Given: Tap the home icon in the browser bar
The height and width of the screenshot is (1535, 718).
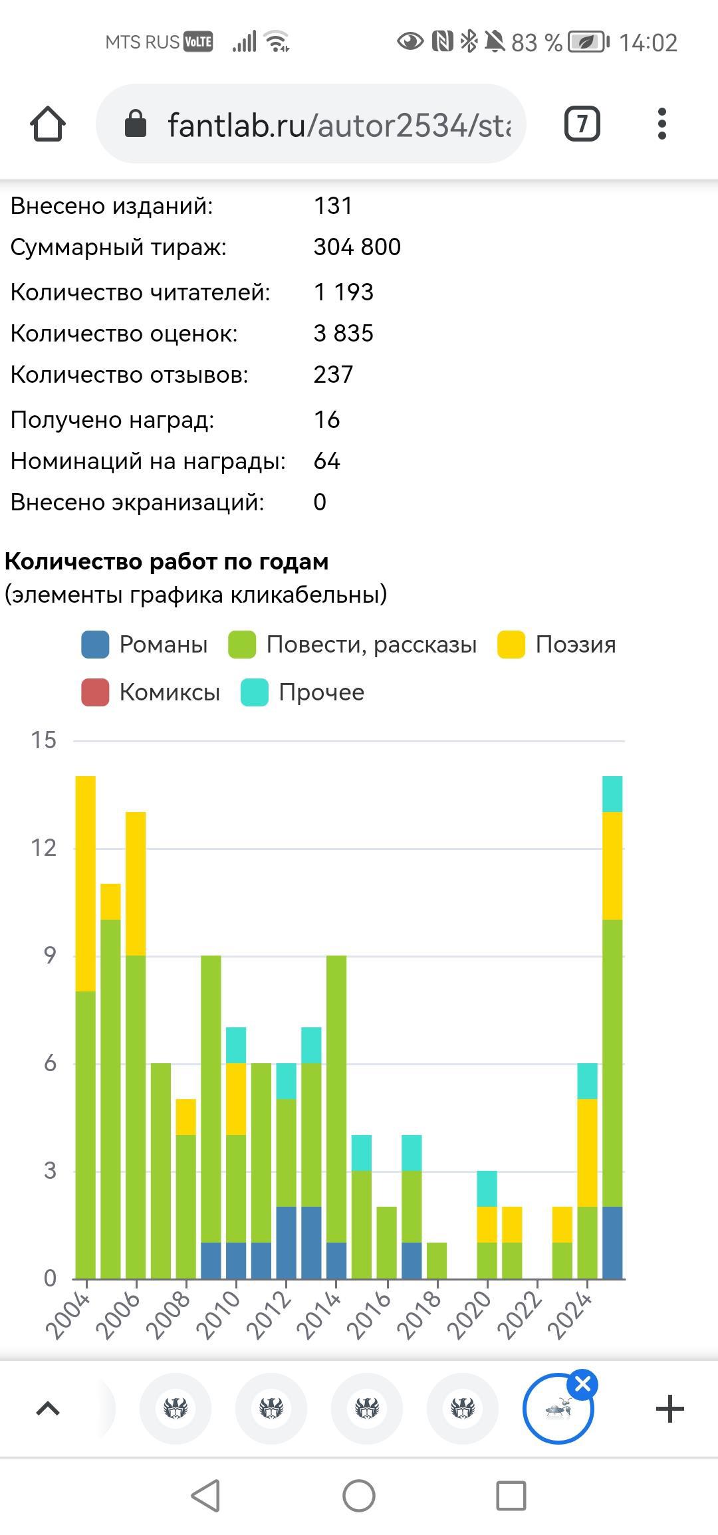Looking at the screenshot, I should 47,124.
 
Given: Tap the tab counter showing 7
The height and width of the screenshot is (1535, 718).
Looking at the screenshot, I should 582,124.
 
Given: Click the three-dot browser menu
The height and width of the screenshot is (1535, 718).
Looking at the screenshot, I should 661,124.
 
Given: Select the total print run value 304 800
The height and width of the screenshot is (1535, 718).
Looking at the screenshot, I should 357,247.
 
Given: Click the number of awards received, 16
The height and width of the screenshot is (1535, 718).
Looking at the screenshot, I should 326,420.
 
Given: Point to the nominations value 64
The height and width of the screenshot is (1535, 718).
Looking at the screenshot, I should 326,461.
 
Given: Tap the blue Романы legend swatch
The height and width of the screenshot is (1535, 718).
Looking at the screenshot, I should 95,645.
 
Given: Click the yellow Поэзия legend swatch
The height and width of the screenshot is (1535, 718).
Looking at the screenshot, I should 511,645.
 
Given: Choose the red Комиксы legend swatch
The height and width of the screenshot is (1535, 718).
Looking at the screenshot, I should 95,692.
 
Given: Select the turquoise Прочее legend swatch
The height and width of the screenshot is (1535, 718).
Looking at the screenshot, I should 255,692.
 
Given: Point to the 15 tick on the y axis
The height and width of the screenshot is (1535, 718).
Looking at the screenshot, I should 44,740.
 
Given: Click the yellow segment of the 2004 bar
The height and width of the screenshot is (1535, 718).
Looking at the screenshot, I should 86,883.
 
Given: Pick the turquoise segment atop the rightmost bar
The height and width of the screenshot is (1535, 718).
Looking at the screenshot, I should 612,793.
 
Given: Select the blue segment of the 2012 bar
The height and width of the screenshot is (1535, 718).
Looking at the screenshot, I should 287,1242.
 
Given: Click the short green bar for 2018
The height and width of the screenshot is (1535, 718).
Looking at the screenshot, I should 437,1260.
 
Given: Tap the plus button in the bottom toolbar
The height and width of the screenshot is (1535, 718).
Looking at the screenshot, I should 669,1409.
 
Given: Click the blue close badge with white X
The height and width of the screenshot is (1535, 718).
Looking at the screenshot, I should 582,1384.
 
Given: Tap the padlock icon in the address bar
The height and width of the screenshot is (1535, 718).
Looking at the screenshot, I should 136,124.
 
